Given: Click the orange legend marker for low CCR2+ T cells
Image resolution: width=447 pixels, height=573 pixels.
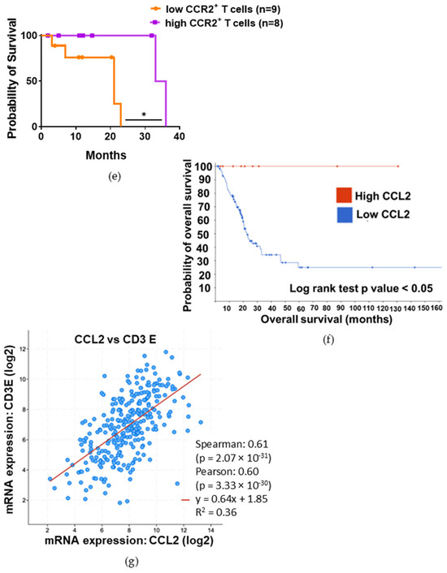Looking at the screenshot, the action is point(157,9).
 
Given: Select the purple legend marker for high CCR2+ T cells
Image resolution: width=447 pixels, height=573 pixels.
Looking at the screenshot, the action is point(156,23).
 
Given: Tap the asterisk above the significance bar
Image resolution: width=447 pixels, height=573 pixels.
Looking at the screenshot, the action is point(144,114).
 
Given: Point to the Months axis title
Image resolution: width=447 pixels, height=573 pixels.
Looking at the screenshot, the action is point(106,155).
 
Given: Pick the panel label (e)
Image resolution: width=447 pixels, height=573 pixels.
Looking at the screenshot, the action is point(115,176).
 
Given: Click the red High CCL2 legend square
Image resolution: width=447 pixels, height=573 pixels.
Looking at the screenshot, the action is point(344,196).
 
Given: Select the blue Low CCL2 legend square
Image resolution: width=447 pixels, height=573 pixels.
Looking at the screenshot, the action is point(345,215).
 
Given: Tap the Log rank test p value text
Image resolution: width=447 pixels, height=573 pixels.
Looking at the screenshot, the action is point(361,289).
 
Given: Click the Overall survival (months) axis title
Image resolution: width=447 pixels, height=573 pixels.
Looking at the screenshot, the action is point(326,320).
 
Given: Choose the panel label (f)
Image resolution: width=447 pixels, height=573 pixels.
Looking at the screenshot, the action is point(328,340).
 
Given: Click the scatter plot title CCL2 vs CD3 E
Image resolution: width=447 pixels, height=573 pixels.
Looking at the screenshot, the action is point(115,339).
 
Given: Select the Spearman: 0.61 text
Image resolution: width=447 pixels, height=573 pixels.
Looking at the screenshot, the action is point(232,445).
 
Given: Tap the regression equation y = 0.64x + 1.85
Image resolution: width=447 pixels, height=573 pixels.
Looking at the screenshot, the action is point(231,499).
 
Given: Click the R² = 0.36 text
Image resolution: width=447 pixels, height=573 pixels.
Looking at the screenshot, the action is point(216,512).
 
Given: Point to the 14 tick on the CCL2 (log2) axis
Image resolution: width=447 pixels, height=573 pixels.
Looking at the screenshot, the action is point(210,531).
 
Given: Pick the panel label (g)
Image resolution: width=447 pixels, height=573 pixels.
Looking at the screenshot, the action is point(132,562).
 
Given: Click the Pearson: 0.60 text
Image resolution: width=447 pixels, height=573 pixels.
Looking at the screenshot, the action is point(228,472).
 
